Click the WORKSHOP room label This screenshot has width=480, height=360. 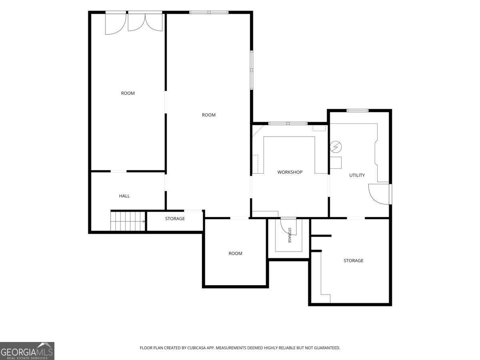[290, 172]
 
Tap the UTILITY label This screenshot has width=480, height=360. [357, 175]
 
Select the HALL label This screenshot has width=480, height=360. [124, 196]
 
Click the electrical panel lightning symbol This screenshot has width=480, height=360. [336, 147]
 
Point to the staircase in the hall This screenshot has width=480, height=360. [128, 221]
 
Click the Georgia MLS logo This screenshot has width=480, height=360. [27, 351]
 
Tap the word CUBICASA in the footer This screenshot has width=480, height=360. [196, 348]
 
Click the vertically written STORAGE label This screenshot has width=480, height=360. [290, 235]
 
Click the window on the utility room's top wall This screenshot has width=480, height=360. [358, 111]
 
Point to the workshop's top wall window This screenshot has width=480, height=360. [288, 124]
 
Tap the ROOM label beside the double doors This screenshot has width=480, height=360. [128, 93]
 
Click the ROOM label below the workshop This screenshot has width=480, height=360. [235, 254]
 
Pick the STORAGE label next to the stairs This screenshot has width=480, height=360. [175, 219]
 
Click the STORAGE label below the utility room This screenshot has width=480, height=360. [353, 261]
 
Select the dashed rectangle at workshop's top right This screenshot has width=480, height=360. [319, 128]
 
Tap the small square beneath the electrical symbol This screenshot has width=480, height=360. [336, 163]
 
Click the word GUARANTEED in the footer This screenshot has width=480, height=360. [326, 348]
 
